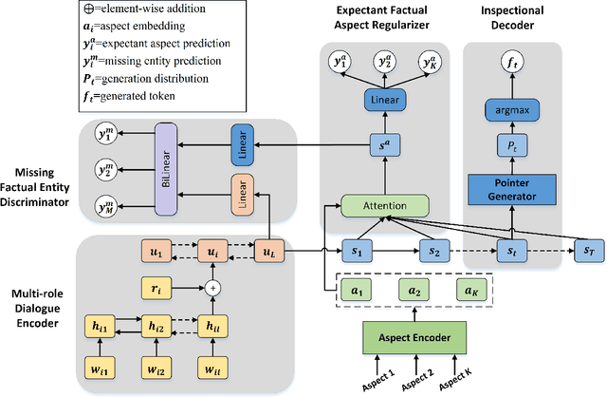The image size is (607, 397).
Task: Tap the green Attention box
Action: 383,204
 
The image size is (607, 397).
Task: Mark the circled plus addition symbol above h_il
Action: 213,286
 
